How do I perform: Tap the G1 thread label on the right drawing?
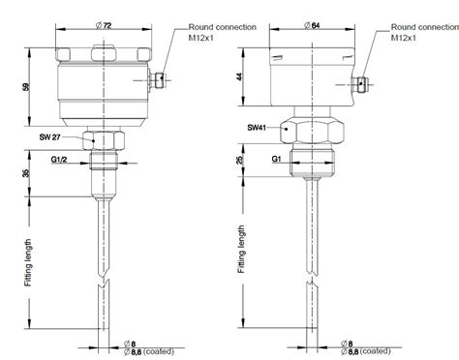[276, 157]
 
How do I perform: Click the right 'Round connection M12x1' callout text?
[423, 32]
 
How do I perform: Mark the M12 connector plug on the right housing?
[365, 85]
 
